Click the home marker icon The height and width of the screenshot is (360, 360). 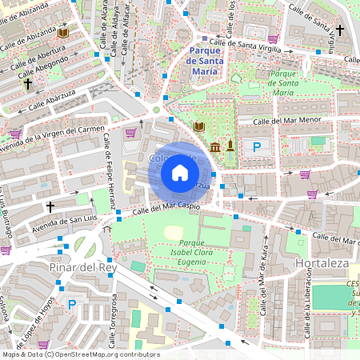pos(180,173)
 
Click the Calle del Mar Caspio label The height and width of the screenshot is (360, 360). pos(165,209)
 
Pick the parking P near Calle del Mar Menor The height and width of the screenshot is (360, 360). pos(257,146)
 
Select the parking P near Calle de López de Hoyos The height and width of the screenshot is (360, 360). pos(71,304)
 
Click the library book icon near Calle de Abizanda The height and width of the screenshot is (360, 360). pos(62,33)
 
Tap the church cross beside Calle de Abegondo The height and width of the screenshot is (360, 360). pos(27,82)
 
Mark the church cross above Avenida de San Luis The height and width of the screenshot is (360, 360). pos(50,206)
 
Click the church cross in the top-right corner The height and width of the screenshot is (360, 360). pos(339,30)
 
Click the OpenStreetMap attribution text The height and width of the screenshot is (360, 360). pos(80,354)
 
